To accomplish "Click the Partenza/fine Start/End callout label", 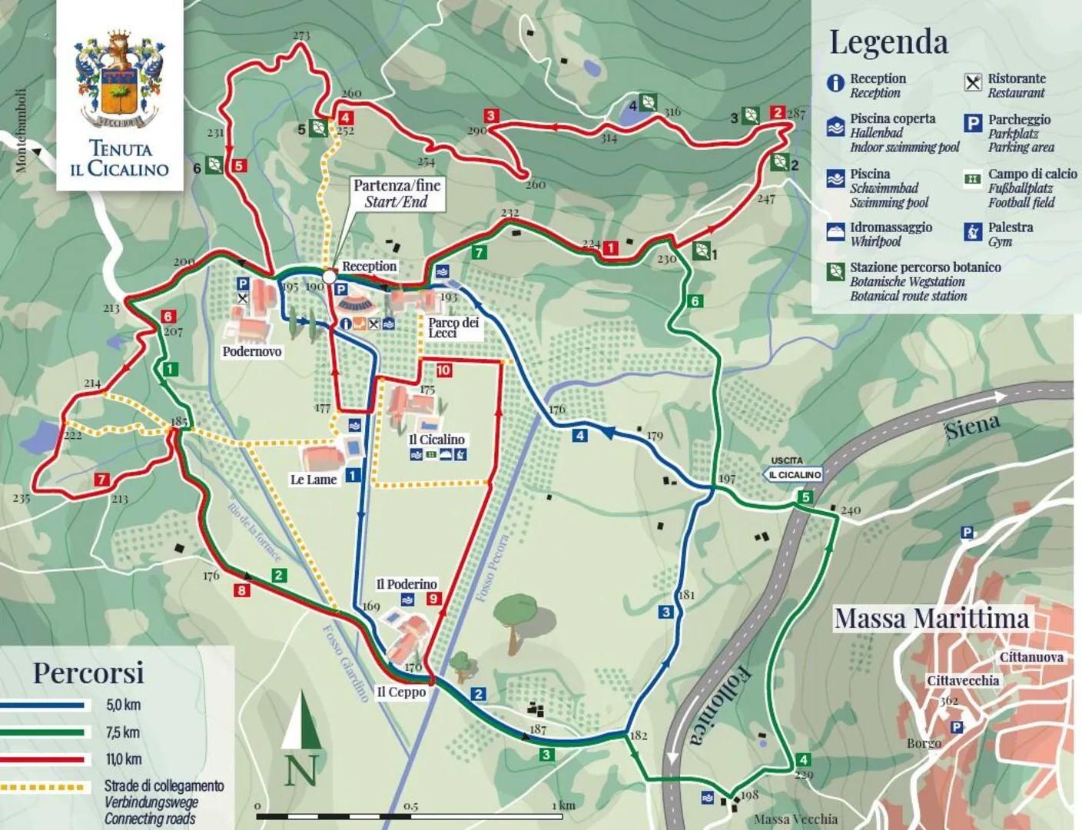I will click(397, 194).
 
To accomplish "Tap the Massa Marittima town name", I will click(931, 619).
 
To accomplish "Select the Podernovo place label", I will click(251, 351).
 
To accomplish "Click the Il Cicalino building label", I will click(436, 440).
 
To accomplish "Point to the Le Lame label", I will click(313, 480).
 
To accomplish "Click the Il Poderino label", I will click(407, 584).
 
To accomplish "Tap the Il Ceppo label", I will click(400, 692).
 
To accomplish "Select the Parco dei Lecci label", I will click(453, 327).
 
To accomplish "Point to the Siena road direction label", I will click(972, 427).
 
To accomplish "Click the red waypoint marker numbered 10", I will click(443, 370).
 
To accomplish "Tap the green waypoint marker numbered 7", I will click(479, 252).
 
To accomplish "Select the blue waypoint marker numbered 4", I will click(579, 436).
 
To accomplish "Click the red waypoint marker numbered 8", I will click(242, 590).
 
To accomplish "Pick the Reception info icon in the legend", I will click(835, 83).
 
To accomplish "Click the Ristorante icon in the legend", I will click(973, 83).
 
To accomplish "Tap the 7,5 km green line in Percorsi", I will click(43, 732).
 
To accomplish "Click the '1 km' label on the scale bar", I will click(566, 805).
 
